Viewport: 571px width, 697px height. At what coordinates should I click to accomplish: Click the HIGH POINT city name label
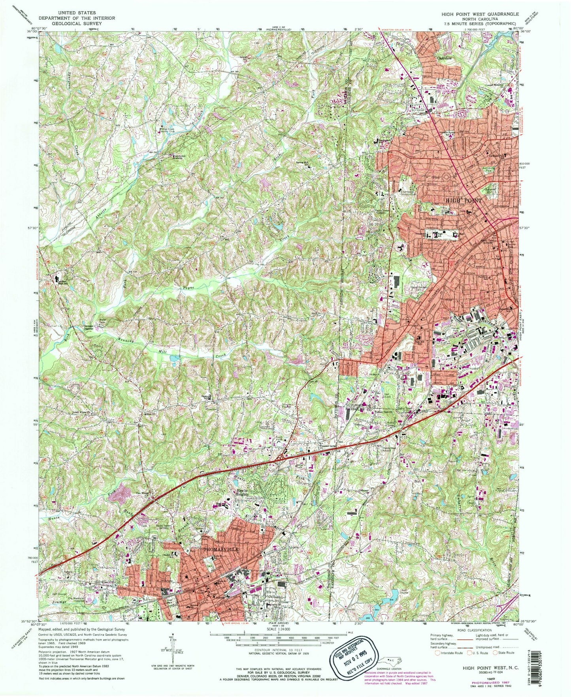coord(464,200)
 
